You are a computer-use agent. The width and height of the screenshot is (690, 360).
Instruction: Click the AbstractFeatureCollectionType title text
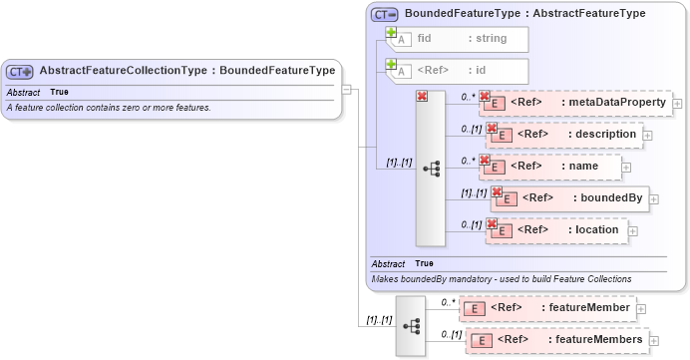(x=186, y=71)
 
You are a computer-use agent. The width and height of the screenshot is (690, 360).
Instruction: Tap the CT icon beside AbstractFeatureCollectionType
(x=20, y=72)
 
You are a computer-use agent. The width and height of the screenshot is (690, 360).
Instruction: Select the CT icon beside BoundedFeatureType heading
(x=384, y=14)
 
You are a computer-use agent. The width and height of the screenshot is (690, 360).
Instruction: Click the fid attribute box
(x=457, y=39)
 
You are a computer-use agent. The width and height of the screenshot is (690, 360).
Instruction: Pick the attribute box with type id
(x=457, y=71)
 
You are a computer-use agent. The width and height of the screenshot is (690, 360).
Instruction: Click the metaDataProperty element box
(x=577, y=102)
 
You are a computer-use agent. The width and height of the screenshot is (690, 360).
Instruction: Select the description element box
(x=564, y=134)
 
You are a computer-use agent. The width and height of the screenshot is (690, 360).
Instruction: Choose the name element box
(x=551, y=166)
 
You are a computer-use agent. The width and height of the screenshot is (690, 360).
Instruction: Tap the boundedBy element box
(x=571, y=197)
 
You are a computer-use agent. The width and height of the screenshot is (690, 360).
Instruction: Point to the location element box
(x=558, y=229)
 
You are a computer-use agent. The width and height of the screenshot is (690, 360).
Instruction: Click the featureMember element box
(x=549, y=308)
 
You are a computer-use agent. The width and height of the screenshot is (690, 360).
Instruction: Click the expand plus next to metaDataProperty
(x=678, y=103)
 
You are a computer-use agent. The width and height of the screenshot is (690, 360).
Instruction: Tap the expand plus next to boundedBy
(x=655, y=198)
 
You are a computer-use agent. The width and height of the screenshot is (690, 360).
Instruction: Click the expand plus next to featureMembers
(x=655, y=341)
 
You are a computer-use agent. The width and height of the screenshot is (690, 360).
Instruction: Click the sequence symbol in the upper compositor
(x=431, y=170)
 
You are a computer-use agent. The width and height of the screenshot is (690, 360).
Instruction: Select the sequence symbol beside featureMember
(x=411, y=325)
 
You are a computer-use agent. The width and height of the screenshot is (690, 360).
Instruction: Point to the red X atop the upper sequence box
(x=422, y=97)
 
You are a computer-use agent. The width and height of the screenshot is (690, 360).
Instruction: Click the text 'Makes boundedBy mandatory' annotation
(x=501, y=279)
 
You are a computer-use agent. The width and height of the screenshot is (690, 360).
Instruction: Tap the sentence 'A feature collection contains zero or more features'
(x=109, y=107)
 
